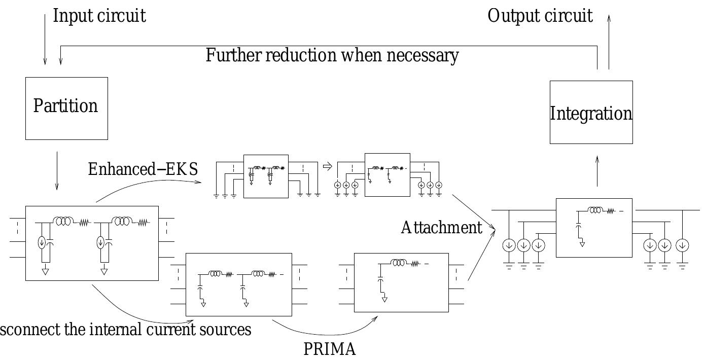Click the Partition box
pos(66,108)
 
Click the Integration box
pos(591,113)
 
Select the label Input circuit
pos(99,16)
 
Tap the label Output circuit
pos(540,16)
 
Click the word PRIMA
pos(330,349)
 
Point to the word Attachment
pos(441,228)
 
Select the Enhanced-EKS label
pos(143,169)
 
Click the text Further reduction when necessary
pos(332,55)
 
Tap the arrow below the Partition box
pos(57,170)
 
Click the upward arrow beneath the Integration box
pos(597,171)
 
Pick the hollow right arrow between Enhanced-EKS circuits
pos(327,166)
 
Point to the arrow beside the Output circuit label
pos(609,41)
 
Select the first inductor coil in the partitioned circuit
pos(64,222)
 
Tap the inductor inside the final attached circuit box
pos(595,210)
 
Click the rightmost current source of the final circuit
pos(683,246)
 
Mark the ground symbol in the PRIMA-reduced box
pos(384,299)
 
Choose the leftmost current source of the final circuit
pos(509,246)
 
